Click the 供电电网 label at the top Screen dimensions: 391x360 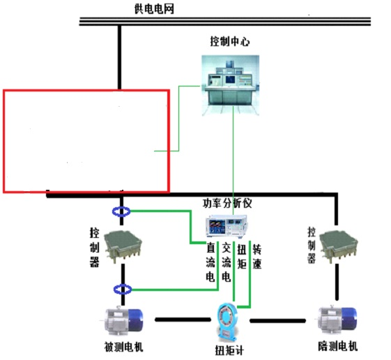tap(154, 9)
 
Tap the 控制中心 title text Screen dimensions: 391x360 tap(230, 41)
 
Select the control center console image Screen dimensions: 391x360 tap(231, 85)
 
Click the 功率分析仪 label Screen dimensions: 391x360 tap(227, 204)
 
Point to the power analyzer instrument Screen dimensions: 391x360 tap(227, 227)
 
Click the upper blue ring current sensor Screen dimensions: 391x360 tap(121, 211)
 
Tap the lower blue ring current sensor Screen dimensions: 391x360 tap(123, 290)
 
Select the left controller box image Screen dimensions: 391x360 tap(123, 246)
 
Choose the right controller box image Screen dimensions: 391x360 tap(339, 246)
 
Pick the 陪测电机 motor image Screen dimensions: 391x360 tap(337, 320)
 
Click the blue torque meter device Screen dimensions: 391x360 tap(227, 322)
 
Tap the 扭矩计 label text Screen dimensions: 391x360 tap(229, 350)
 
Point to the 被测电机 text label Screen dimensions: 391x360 tap(123, 347)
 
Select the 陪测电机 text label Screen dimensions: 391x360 tap(338, 346)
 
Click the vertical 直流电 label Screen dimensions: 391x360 tap(210, 262)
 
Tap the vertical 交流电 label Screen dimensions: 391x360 tap(227, 262)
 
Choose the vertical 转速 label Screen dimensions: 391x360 tap(257, 257)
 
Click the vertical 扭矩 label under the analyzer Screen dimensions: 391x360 tap(241, 257)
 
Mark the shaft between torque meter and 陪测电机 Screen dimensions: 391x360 tap(278, 320)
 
